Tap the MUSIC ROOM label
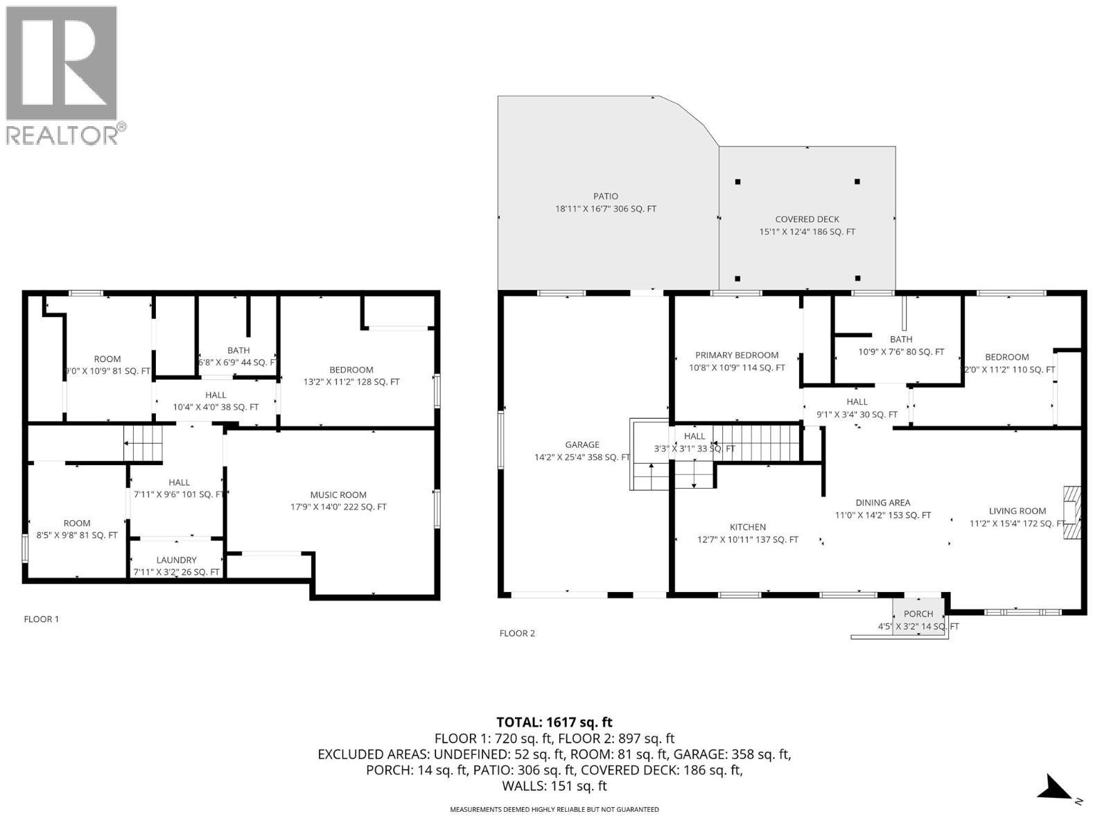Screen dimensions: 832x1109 (338, 495)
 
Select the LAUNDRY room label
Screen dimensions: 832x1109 (176, 560)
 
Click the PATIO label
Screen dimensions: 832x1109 (605, 197)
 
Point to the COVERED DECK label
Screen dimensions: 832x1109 (807, 220)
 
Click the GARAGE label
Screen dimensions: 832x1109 (582, 445)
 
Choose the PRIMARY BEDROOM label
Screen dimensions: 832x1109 (736, 356)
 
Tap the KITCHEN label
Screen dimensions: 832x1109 (747, 528)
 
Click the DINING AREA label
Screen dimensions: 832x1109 (882, 503)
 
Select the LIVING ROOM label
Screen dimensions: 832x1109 (1017, 512)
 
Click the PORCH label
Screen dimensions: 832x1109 (918, 614)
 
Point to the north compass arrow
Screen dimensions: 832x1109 (1054, 788)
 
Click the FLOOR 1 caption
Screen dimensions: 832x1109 (42, 619)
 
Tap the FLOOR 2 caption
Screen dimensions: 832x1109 (517, 633)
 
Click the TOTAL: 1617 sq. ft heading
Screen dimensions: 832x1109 (554, 722)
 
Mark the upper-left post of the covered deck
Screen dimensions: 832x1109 (737, 182)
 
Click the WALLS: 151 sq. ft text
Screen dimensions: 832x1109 (554, 786)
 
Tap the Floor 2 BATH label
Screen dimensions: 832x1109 (900, 340)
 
